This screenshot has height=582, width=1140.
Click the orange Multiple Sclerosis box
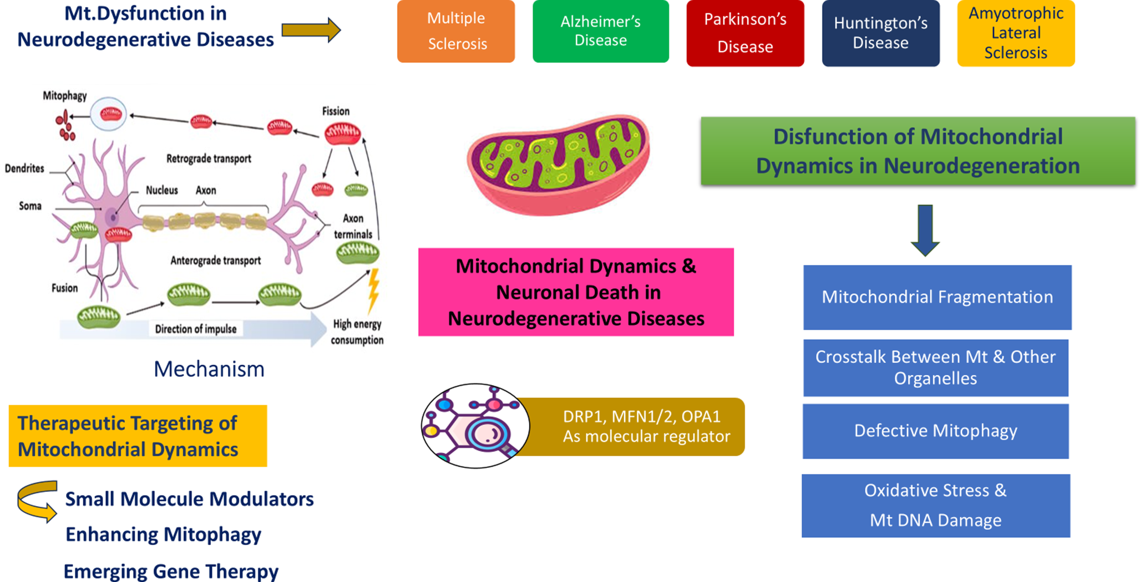click(456, 31)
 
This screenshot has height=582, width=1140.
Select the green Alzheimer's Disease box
click(600, 31)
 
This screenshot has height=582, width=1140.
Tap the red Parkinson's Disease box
click(745, 33)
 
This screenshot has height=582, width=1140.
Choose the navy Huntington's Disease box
click(880, 33)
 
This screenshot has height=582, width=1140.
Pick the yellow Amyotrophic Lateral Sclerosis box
click(1016, 33)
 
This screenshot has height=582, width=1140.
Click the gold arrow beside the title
click(311, 30)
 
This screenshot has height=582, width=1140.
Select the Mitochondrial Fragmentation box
click(937, 297)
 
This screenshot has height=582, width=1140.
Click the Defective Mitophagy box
click(935, 431)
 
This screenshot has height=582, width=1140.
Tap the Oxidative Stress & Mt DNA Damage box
click(935, 505)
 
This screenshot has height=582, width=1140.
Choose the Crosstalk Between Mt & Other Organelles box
click(935, 367)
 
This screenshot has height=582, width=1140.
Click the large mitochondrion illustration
click(558, 165)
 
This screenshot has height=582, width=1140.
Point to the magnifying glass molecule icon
click(475, 426)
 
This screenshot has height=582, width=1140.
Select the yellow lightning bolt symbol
click(374, 289)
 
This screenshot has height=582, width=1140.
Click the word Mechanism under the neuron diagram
click(209, 369)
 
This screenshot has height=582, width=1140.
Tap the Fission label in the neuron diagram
click(336, 111)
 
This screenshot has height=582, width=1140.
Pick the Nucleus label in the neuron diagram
click(161, 191)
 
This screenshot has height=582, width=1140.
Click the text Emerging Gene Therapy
click(171, 571)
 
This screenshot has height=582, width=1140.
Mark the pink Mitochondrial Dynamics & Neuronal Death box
click(576, 292)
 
